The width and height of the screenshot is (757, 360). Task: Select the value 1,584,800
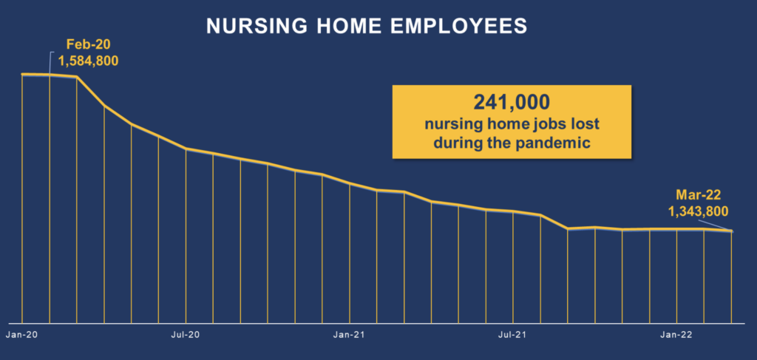(89, 61)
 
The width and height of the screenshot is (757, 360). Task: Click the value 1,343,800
(698, 211)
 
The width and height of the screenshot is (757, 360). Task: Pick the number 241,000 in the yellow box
(512, 102)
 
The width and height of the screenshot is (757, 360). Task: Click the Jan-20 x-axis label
(21, 334)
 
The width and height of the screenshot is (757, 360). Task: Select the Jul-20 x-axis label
(186, 334)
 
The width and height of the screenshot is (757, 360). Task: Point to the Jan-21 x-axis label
(350, 334)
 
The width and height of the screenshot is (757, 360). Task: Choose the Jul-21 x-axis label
(513, 334)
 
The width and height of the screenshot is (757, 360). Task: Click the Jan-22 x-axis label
(677, 334)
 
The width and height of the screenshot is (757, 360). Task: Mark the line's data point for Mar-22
(731, 231)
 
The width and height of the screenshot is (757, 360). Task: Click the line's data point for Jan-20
(21, 75)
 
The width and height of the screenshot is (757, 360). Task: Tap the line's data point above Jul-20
(186, 148)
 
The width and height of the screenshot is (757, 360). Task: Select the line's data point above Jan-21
(350, 183)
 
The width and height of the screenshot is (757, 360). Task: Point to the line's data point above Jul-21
(513, 211)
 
